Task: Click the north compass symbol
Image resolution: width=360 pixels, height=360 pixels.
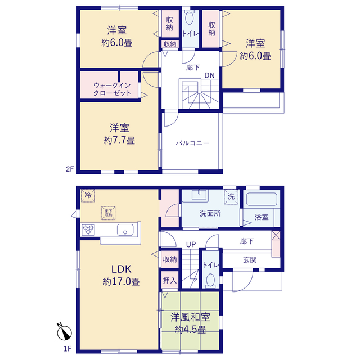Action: coord(64,332)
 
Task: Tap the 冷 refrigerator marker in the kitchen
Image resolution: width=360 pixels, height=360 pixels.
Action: coord(88,196)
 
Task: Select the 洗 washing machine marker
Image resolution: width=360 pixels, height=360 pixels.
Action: coord(231,196)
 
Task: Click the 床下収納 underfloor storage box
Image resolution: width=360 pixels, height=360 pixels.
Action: coord(109,213)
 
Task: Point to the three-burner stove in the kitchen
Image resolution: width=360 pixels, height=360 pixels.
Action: coord(88,230)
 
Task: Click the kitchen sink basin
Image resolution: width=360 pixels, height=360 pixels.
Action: coord(125,230)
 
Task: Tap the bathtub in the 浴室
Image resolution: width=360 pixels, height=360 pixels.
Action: coord(262,199)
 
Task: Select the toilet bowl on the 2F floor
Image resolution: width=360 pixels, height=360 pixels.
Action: coord(189,18)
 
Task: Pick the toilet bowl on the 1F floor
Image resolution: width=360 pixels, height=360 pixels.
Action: coord(210,280)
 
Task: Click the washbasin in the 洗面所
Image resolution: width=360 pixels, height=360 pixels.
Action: coord(199,195)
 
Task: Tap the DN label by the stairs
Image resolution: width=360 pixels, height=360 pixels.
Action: coord(209,75)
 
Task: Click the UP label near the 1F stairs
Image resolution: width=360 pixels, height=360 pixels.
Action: coord(191,245)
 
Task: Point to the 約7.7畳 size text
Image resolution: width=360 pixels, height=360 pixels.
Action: coord(119,140)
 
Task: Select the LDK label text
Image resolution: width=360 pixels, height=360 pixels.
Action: coord(121,269)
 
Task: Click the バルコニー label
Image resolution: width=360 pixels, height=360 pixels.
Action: coord(192,143)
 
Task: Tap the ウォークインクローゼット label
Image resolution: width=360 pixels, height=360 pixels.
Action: coord(112,89)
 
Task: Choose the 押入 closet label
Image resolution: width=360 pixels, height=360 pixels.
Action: coord(170,280)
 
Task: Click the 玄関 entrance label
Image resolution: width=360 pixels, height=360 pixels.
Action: coord(250,260)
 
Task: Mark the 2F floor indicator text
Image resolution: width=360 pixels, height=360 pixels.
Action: coord(70,169)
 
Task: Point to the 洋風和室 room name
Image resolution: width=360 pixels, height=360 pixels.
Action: coord(190,317)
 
